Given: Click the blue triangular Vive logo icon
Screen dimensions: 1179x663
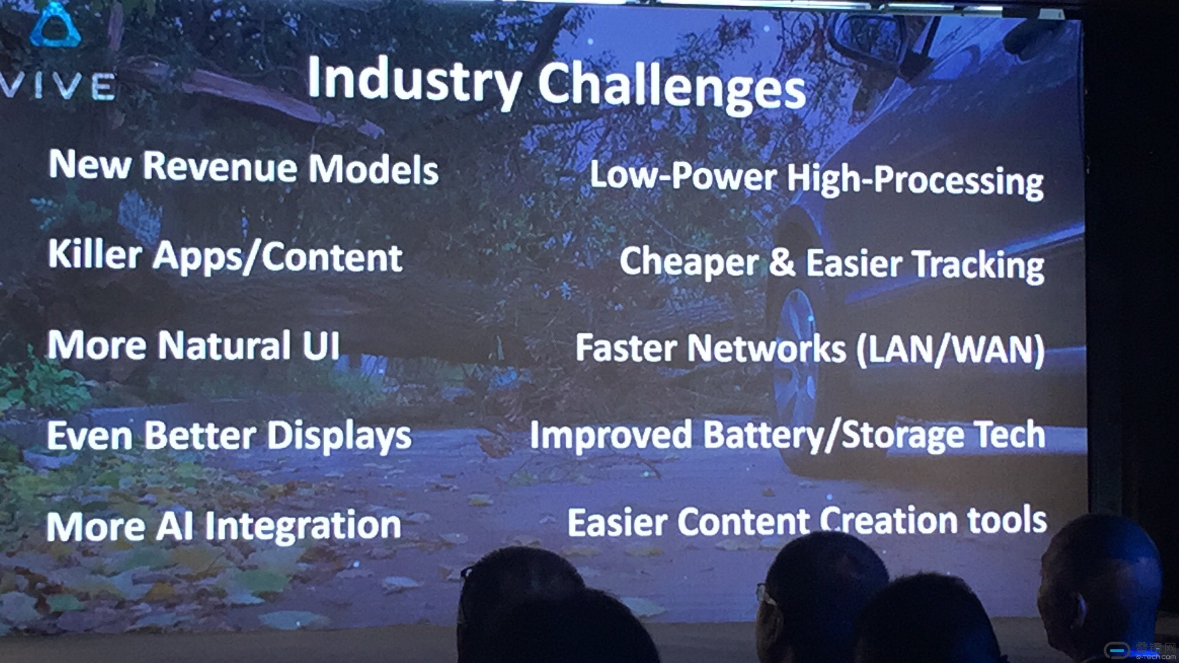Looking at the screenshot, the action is (x=55, y=26).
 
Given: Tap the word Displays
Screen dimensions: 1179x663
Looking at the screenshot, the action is (x=340, y=437).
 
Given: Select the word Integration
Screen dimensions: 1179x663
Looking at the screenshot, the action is (x=303, y=527).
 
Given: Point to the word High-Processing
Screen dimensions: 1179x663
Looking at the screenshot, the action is (x=915, y=180).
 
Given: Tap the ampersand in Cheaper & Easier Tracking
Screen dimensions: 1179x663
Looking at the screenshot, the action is (x=782, y=262).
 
